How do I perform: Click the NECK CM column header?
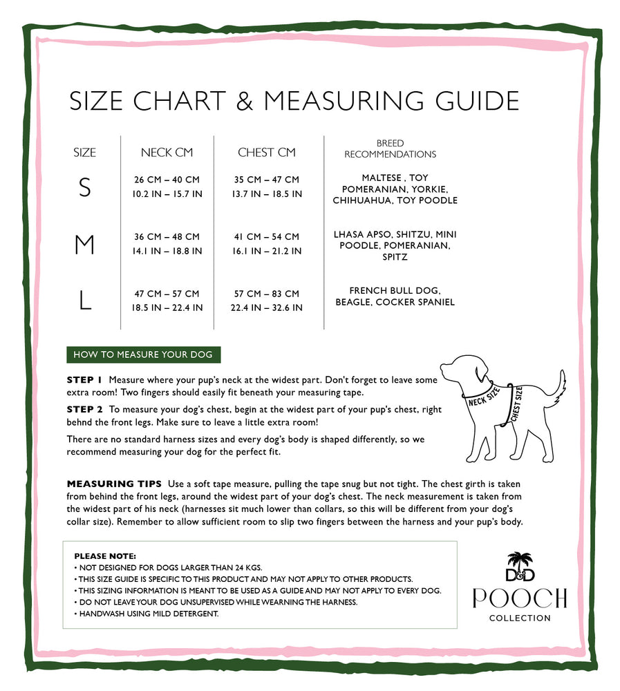tap(167, 153)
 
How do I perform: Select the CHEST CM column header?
tap(267, 153)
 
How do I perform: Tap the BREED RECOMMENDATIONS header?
tap(390, 149)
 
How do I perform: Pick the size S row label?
tap(84, 188)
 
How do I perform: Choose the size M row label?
tap(84, 245)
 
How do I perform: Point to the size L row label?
tap(84, 301)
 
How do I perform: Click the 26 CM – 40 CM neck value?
tap(167, 180)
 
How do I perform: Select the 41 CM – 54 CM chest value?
tap(267, 237)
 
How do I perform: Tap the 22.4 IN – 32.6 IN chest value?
tap(267, 307)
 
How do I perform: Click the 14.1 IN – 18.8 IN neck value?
tap(167, 251)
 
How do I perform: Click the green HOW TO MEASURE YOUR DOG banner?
tap(143, 355)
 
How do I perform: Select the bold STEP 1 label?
tap(84, 380)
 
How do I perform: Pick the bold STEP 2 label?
tap(84, 409)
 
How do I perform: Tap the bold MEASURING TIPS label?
tap(114, 484)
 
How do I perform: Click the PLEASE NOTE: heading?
tap(105, 556)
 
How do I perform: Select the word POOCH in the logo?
tap(520, 598)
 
